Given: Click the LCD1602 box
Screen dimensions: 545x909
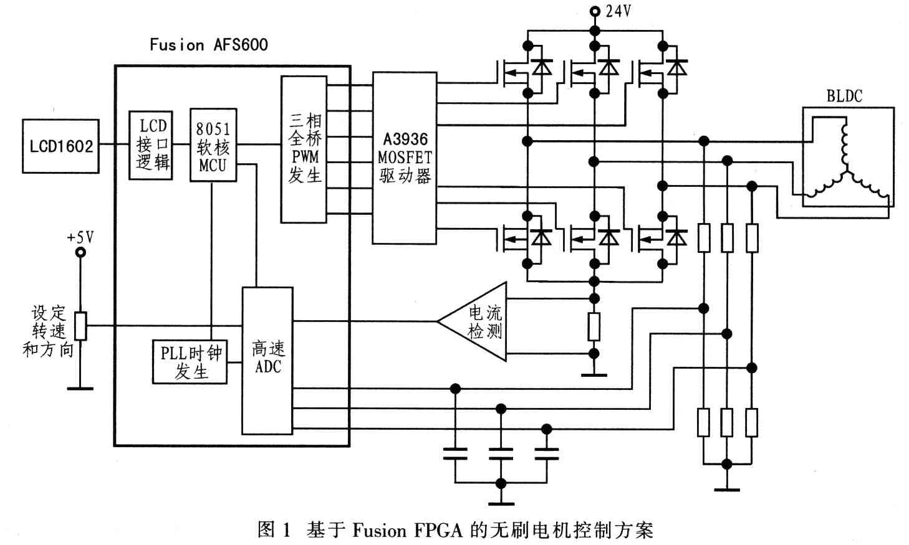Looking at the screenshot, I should [x=60, y=146].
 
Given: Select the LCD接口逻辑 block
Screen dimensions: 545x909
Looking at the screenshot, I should [x=151, y=145].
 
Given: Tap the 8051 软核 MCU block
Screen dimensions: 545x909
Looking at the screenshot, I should [x=213, y=146].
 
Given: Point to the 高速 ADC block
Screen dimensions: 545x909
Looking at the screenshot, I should [x=267, y=360].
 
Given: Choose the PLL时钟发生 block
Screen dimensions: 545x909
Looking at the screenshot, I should [x=190, y=362].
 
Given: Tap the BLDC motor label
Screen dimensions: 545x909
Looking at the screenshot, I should [x=844, y=96].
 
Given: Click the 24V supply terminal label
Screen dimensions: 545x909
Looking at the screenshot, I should [x=617, y=11].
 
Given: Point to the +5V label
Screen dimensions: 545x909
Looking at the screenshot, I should [x=80, y=237].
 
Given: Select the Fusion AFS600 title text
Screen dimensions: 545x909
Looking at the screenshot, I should [x=208, y=44].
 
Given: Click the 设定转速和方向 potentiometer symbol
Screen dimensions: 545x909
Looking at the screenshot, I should [x=80, y=325].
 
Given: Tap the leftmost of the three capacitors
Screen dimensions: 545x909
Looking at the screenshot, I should [x=455, y=453].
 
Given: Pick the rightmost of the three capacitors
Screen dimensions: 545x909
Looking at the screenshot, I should [x=547, y=453].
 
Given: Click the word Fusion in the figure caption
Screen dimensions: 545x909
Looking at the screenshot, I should [x=379, y=530].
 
